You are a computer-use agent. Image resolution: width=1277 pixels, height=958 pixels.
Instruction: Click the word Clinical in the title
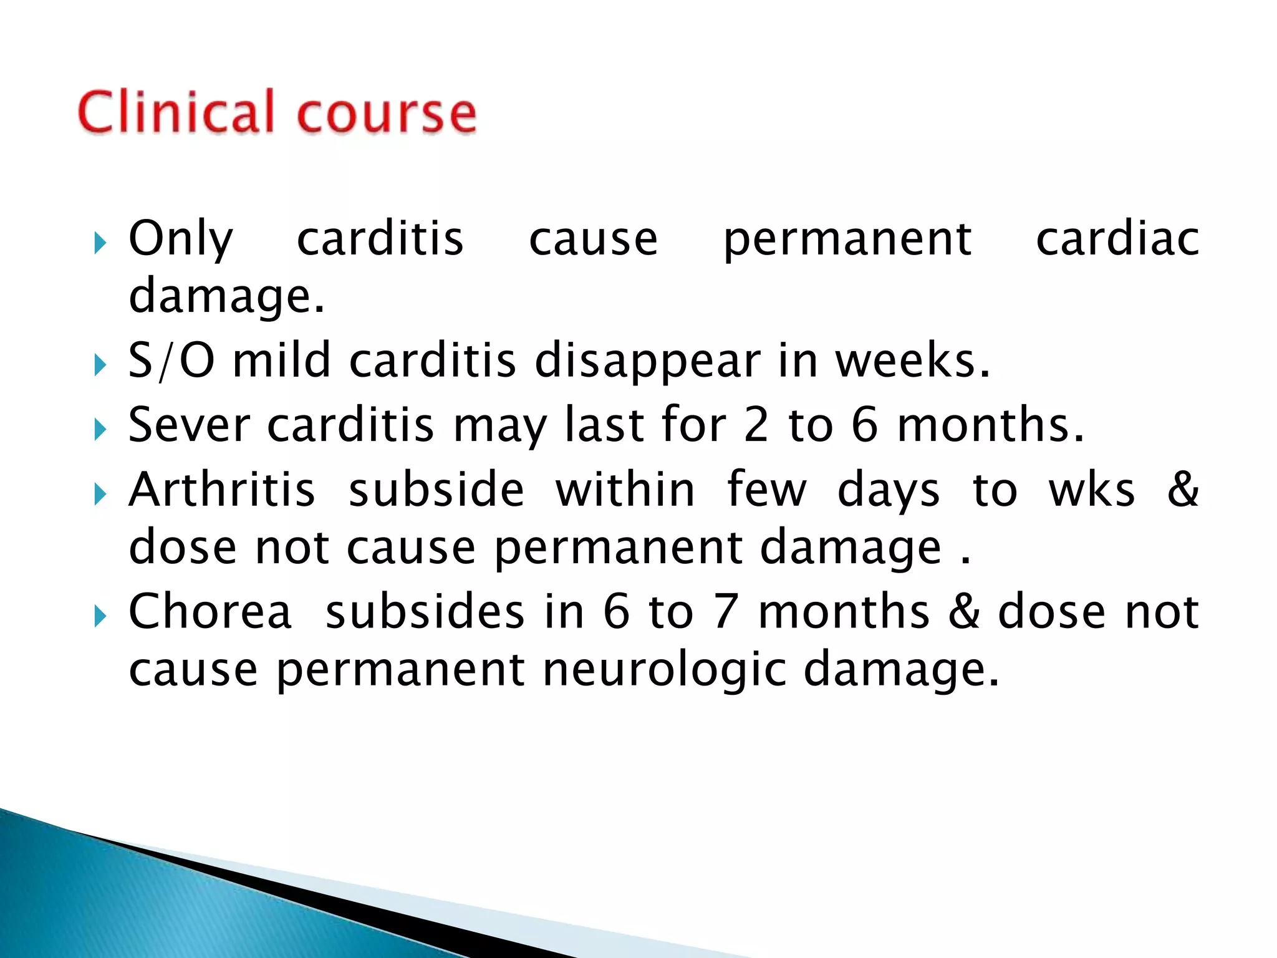click(176, 112)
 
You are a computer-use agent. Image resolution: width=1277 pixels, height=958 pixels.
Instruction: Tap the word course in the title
click(387, 114)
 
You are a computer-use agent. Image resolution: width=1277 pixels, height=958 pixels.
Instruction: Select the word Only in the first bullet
click(181, 239)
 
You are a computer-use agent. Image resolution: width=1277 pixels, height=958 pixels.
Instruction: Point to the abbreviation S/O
click(171, 361)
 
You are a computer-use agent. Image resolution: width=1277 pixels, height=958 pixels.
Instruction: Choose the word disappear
click(647, 362)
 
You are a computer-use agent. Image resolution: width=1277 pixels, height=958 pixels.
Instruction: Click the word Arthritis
click(222, 490)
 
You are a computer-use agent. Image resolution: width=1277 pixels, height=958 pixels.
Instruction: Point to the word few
click(766, 490)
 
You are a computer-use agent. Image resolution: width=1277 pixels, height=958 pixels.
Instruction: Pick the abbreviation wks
click(1091, 490)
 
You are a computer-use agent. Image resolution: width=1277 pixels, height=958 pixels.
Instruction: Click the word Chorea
click(210, 612)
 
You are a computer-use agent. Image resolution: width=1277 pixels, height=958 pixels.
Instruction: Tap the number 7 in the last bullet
click(726, 612)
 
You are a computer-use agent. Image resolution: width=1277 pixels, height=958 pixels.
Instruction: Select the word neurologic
click(665, 670)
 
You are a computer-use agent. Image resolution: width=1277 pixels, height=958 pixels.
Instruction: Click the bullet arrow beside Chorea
click(99, 617)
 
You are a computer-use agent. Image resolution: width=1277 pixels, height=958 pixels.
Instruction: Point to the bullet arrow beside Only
click(99, 243)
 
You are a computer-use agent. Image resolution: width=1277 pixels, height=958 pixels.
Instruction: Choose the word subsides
click(425, 612)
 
